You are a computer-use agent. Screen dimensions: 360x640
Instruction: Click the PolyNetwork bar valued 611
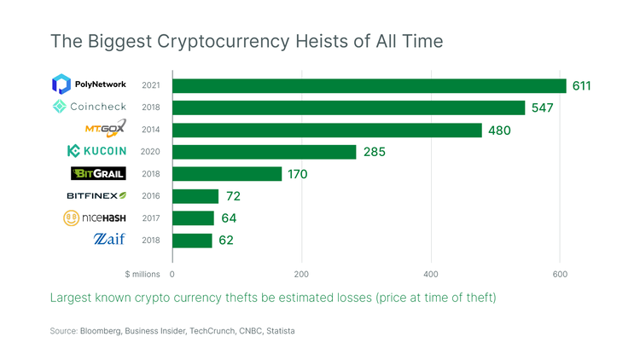coord(369,85)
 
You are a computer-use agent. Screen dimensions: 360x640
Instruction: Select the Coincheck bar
coord(348,107)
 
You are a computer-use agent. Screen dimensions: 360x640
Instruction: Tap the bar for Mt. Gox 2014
coord(327,130)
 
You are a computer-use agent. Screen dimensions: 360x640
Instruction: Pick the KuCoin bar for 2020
coord(264,152)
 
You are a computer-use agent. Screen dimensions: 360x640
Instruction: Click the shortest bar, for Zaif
coord(192,241)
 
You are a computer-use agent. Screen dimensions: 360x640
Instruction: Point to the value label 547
coord(542,108)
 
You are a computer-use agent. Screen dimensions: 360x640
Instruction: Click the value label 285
coord(374,152)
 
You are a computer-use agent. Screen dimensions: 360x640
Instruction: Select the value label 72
coord(233,196)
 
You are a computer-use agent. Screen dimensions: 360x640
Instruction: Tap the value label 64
coord(228,218)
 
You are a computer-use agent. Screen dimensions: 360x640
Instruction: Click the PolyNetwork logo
coord(89,84)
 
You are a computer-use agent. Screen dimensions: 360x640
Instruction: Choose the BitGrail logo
coord(98,174)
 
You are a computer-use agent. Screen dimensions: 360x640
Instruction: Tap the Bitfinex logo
coord(96,196)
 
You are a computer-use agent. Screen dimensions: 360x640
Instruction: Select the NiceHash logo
coord(95,218)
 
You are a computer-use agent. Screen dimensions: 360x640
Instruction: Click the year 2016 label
coord(151,196)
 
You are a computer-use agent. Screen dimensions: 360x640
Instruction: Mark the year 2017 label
coord(151,218)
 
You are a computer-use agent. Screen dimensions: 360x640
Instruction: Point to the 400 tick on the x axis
coord(431,275)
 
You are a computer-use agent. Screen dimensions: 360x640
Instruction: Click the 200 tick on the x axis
coord(301,275)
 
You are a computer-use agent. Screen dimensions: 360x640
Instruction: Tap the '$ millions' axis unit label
coord(143,275)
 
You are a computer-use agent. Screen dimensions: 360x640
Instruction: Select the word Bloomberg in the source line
coord(102,330)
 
